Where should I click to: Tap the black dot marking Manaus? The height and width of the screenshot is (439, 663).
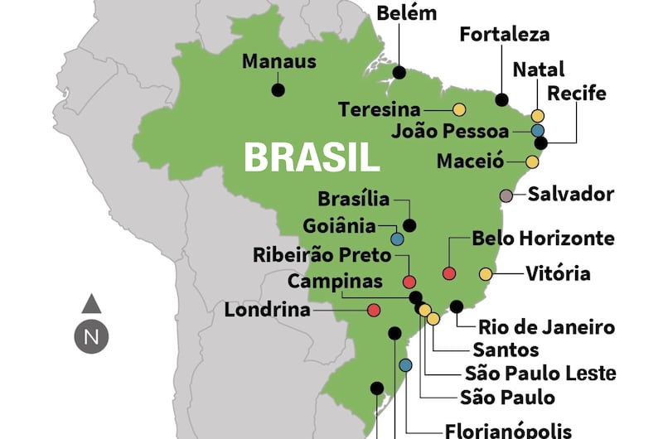click(278, 89)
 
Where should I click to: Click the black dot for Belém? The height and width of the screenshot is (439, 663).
click(399, 73)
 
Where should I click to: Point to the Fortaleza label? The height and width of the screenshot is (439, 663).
click(504, 35)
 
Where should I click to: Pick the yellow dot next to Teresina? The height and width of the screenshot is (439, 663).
click(458, 109)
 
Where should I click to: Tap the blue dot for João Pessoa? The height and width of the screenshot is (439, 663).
click(538, 130)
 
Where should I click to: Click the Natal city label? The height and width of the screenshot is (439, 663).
click(539, 69)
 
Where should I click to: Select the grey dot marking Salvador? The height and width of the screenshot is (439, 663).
click(506, 195)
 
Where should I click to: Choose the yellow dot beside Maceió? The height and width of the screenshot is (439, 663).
click(532, 162)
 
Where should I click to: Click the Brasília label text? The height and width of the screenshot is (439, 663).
click(353, 199)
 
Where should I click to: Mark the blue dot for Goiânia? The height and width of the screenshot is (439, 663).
click(397, 239)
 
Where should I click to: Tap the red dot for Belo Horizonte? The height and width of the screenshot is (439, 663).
click(449, 273)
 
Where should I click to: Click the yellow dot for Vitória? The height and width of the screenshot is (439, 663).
click(486, 273)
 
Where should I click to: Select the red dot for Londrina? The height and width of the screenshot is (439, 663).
click(374, 311)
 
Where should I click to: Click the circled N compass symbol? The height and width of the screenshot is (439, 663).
click(91, 337)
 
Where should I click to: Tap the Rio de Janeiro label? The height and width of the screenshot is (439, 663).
click(547, 327)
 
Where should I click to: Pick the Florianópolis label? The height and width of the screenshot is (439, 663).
click(508, 430)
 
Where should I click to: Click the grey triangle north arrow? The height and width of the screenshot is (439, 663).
click(91, 303)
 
